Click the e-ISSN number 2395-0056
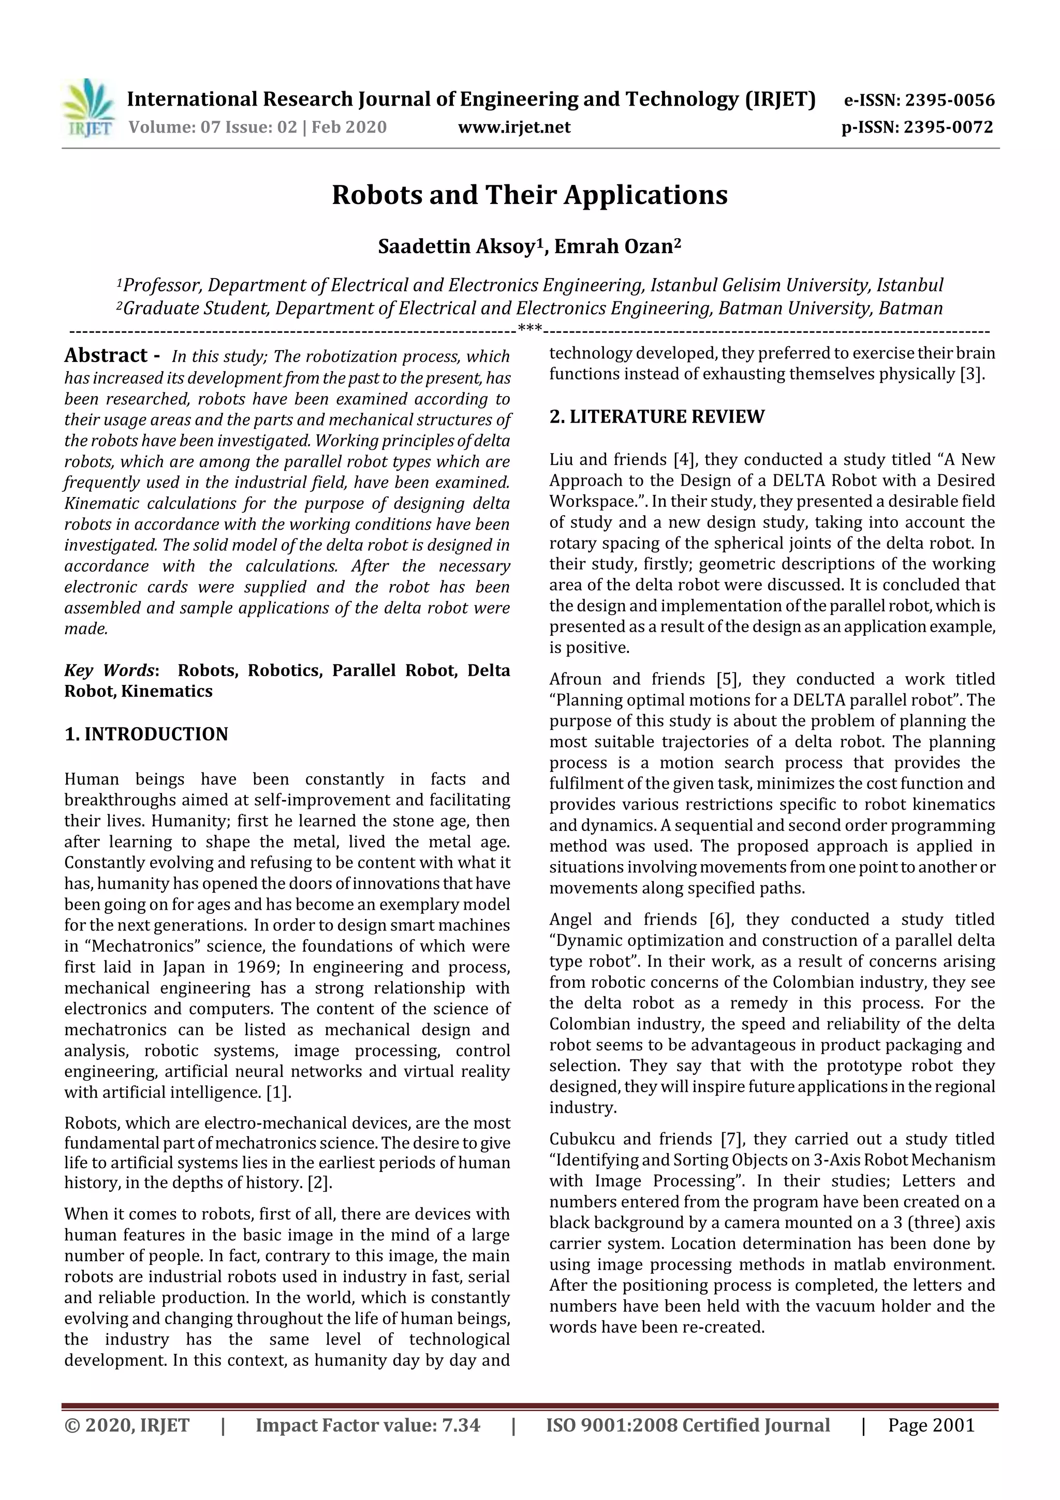click(x=950, y=100)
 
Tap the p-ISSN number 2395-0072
click(x=948, y=127)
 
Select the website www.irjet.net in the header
click(x=514, y=127)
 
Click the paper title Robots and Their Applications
click(x=529, y=195)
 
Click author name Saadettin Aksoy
click(x=457, y=247)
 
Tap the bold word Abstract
click(x=106, y=355)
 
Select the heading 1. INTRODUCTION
click(x=146, y=734)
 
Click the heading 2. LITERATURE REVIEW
click(x=656, y=417)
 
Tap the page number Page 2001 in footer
click(x=931, y=1425)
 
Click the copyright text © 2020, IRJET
click(x=127, y=1425)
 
